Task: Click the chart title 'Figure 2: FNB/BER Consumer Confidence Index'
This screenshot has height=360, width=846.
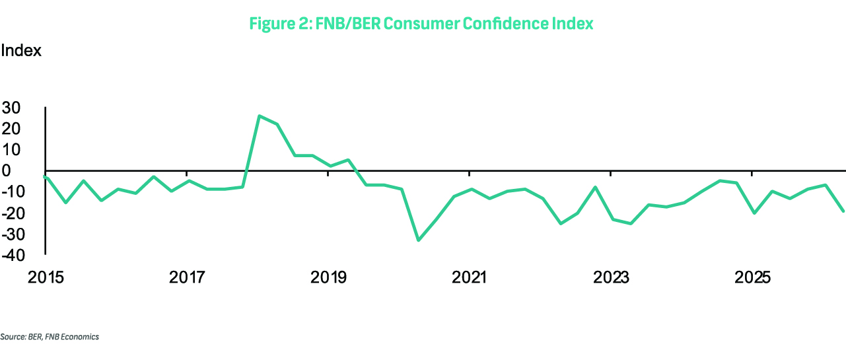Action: point(421,23)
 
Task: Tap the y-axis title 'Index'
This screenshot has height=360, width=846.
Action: point(20,50)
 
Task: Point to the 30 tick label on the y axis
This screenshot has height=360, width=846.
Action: point(11,108)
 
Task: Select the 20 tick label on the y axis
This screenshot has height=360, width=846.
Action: point(11,129)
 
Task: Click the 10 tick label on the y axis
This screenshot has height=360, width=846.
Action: point(11,150)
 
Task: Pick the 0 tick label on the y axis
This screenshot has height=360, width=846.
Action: point(6,170)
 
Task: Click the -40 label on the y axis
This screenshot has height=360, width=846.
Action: point(13,256)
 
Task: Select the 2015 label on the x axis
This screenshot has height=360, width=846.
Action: point(46,277)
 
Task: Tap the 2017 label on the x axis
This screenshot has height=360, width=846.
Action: point(187,277)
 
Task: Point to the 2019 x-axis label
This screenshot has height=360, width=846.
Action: point(328,277)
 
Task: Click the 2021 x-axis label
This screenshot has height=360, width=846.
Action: point(469,277)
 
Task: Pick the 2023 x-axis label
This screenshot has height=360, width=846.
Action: point(611,277)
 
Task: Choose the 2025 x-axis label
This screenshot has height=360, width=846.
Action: point(752,277)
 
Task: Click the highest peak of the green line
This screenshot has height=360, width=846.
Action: point(259,116)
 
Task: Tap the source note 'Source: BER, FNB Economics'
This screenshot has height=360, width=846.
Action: point(50,337)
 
